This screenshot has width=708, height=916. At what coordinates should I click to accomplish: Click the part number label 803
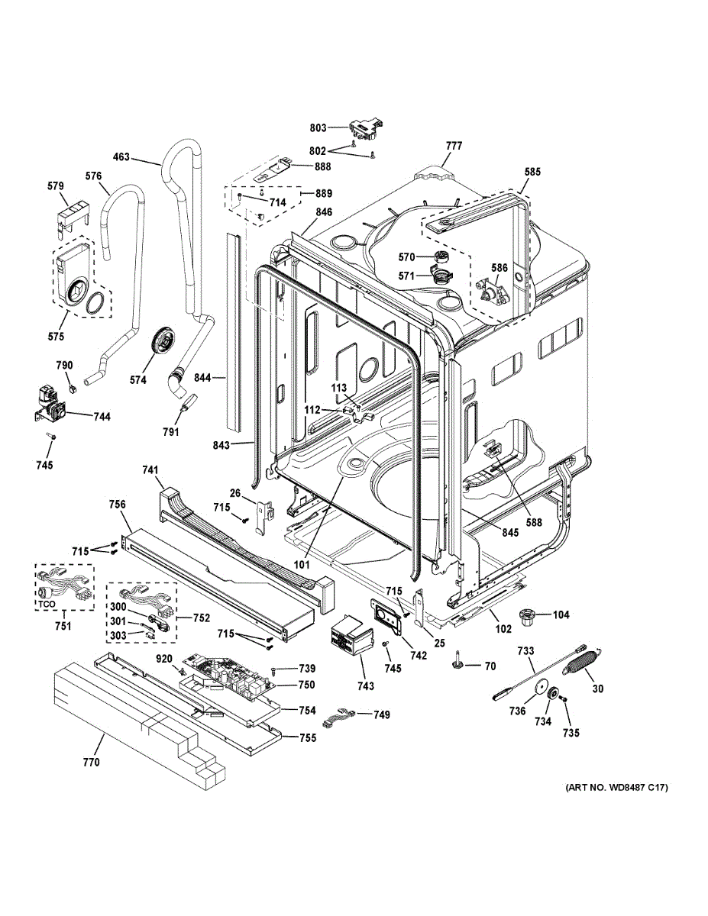click(x=318, y=127)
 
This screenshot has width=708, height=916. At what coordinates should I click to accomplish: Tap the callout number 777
click(x=454, y=146)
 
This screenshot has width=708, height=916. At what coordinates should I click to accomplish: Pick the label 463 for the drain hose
click(x=121, y=158)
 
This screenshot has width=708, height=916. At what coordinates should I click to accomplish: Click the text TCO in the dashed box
click(x=47, y=604)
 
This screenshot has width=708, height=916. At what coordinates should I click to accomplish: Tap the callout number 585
click(x=532, y=172)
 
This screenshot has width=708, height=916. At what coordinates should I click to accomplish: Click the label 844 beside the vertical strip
click(x=203, y=378)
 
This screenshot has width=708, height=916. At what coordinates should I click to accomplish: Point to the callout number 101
click(x=301, y=564)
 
